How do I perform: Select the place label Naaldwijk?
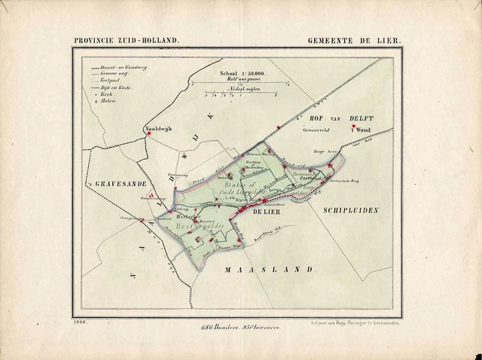pos(158,130)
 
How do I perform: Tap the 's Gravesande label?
pos(119,185)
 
